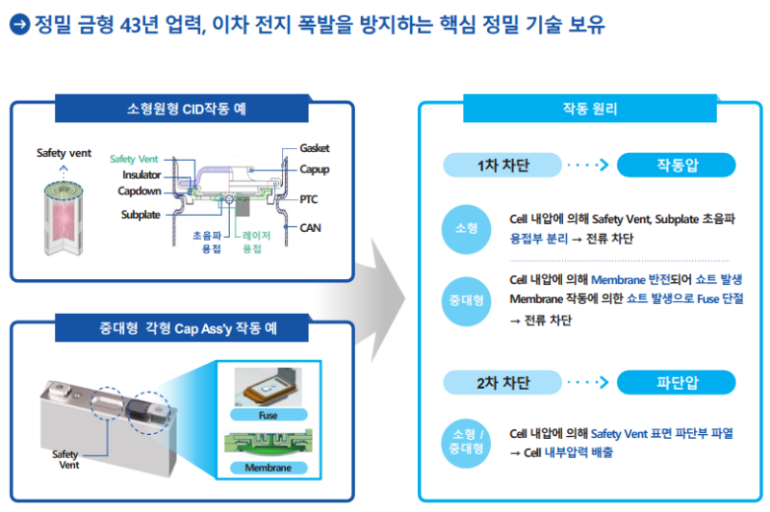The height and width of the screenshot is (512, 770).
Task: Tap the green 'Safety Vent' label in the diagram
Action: [134, 159]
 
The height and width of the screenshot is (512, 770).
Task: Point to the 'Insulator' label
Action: [141, 174]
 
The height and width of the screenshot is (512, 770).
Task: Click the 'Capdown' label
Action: [139, 191]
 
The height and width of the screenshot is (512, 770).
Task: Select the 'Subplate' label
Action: [141, 215]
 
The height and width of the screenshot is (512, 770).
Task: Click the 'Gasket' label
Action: [314, 148]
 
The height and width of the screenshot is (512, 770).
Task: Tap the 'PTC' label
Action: [308, 199]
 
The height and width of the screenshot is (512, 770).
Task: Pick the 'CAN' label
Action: [310, 228]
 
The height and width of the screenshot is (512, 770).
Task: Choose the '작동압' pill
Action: [677, 166]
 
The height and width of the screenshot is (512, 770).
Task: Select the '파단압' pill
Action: [677, 383]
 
